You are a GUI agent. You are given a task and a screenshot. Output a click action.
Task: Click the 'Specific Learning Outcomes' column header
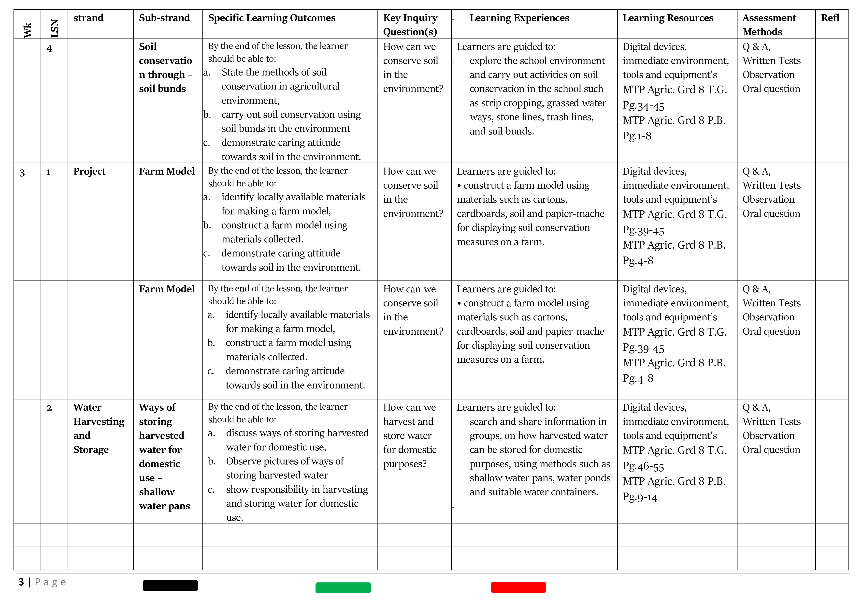272,18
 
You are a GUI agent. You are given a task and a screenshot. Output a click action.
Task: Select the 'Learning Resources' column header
668,18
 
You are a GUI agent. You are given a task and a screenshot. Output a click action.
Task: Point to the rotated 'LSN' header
55,28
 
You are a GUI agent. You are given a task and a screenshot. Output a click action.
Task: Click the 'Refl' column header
830,18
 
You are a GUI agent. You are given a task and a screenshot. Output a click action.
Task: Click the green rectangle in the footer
343,587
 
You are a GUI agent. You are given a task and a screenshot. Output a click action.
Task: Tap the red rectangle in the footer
518,587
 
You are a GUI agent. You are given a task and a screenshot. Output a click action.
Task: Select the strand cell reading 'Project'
89,171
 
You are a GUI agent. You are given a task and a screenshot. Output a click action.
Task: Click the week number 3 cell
22,173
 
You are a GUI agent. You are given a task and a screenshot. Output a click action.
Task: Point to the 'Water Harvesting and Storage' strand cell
98,428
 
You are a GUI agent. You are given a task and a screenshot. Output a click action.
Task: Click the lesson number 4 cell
49,48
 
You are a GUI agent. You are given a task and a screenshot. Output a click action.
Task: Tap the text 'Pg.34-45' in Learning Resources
643,106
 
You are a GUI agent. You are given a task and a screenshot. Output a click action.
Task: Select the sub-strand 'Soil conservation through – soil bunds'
166,68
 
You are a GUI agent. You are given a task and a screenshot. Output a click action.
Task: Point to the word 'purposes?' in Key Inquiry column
405,464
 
